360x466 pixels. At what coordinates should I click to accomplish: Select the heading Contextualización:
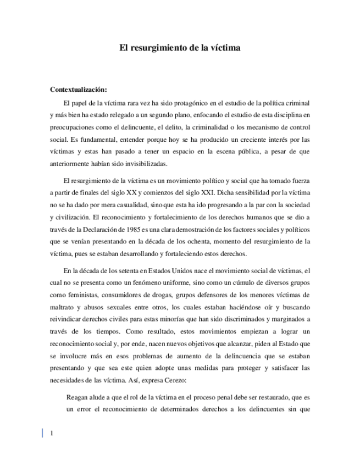pyautogui.click(x=79, y=90)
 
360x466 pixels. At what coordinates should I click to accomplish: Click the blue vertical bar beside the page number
pyautogui.click(x=43, y=433)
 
